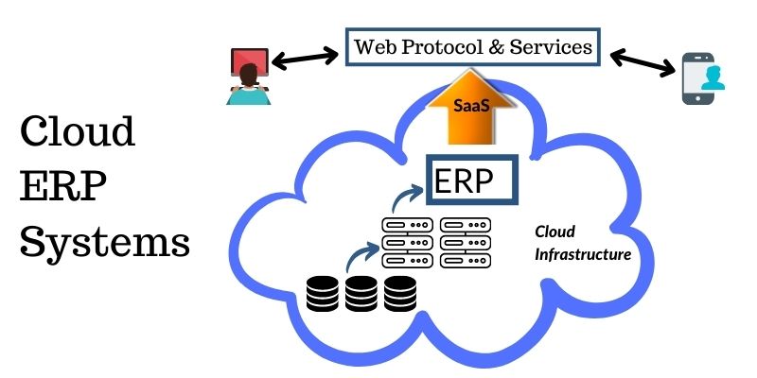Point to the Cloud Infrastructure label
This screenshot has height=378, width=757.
pos(582,243)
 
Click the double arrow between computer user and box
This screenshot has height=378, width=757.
pos(305,56)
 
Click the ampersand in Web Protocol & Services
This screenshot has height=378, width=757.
pos(491,45)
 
